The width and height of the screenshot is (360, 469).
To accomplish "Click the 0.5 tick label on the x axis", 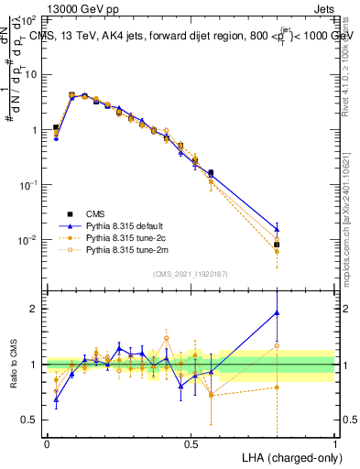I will [191, 442].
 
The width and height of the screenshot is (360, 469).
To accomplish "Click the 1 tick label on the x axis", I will [334, 442].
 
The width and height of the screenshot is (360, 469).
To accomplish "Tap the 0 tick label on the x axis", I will [46, 442].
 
